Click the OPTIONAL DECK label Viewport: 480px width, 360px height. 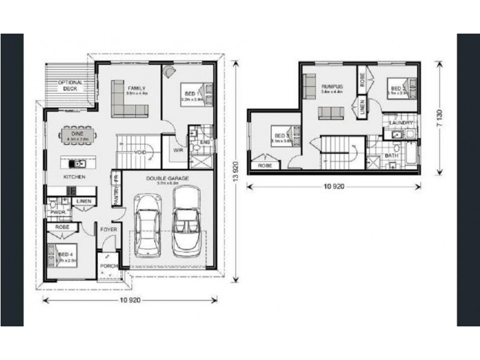(70, 85)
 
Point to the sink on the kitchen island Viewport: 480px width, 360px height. (77, 163)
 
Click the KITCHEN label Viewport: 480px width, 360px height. (75, 178)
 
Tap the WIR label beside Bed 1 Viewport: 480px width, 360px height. (178, 150)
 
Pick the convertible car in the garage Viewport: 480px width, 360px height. (186, 221)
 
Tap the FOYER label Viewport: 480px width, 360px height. (108, 229)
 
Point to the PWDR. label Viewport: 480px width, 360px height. (58, 212)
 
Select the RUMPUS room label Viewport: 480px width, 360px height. (331, 86)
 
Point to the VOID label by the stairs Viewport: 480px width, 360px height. (141, 152)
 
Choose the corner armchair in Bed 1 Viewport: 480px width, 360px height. (170, 71)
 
